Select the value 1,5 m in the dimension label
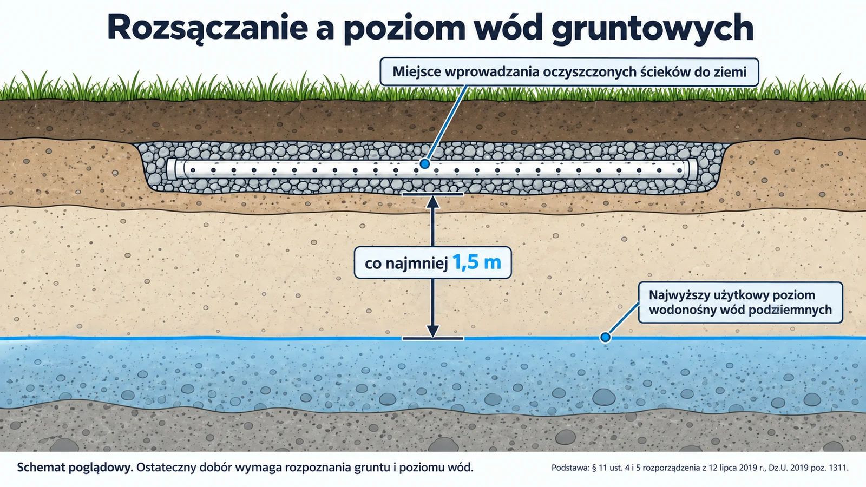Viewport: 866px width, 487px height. point(476,262)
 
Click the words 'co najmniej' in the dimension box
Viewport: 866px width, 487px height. point(406,264)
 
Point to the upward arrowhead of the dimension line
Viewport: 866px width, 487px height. point(432,202)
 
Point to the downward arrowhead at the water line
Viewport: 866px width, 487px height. point(432,331)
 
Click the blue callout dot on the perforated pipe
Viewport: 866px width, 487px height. point(425,164)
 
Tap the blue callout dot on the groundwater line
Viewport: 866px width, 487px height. point(605,338)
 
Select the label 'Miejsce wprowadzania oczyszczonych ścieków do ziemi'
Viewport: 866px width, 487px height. point(569,72)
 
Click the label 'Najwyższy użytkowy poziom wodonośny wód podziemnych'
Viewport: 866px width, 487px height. point(740,302)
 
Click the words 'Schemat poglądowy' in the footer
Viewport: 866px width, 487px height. point(75,468)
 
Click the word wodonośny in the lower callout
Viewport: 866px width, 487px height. point(682,310)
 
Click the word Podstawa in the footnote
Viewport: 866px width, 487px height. point(570,468)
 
